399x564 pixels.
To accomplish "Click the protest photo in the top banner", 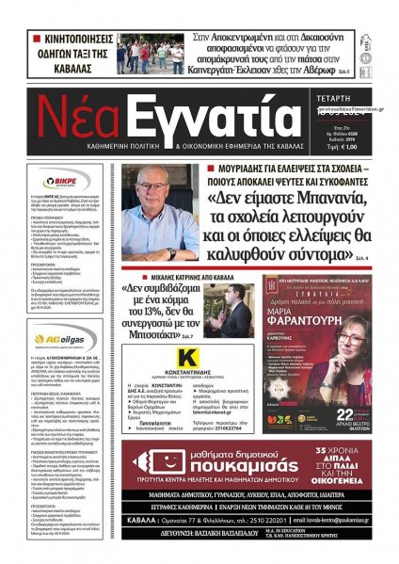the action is coord(151,55).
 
